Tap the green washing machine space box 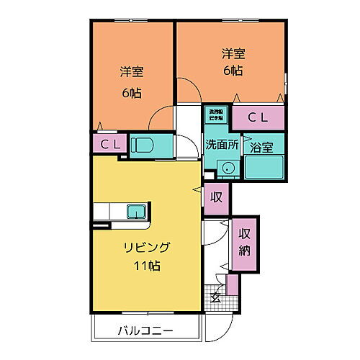(216, 114)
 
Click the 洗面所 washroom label (222, 144)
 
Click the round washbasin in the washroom (228, 168)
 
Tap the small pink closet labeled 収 (215, 197)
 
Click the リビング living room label (145, 248)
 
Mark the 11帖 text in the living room (146, 266)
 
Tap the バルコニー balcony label (145, 331)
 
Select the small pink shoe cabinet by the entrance (231, 284)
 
